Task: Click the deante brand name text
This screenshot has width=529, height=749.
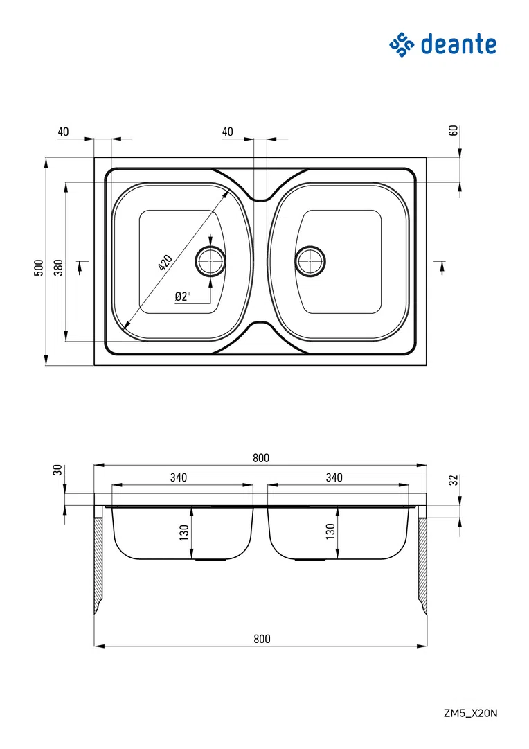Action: pos(458,44)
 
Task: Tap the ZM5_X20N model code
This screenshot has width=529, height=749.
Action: pos(470,713)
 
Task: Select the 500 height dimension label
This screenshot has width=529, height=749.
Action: pos(39,267)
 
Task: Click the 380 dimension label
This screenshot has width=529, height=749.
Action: pos(58,267)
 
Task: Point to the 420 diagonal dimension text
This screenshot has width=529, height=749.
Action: pos(165,263)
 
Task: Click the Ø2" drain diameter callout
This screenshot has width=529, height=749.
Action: pos(183,297)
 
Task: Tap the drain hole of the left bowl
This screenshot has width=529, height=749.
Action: pos(210,261)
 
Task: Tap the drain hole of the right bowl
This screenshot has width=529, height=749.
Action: pos(310,261)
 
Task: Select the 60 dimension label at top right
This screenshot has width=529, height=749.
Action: pos(454,130)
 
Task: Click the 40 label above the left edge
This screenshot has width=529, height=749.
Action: pos(63,132)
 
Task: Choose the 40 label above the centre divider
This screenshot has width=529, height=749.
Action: pos(228,132)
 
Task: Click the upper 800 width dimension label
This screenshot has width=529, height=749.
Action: pos(261,457)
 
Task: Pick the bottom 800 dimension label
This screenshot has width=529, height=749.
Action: pos(262,639)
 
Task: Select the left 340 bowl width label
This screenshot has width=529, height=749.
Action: pos(179,477)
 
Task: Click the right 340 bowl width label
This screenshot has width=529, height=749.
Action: pos(334,477)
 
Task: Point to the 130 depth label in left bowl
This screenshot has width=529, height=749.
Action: pos(184,532)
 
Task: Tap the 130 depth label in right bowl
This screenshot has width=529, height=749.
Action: pos(330,531)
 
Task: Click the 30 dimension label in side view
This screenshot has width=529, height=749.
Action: pos(58,470)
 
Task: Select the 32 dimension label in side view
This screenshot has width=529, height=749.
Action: pos(454,480)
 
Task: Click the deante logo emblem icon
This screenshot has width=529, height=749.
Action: pos(402,45)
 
